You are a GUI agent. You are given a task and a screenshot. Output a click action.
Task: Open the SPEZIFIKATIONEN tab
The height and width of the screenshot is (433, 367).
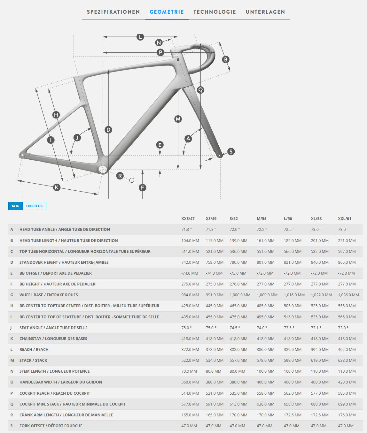pos(113,12)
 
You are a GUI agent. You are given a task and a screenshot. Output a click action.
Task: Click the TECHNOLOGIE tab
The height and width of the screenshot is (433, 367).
pos(215,12)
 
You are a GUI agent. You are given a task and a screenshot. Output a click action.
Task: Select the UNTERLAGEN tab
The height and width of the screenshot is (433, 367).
pos(265,12)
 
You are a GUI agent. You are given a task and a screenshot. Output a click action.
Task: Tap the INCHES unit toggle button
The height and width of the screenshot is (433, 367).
pos(35,206)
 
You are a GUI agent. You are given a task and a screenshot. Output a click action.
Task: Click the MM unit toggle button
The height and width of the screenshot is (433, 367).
pos(15,206)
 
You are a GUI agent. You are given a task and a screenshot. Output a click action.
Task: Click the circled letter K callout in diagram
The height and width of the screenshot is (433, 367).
pos(57,187)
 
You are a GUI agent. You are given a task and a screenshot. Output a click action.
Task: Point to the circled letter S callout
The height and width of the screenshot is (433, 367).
pos(231,151)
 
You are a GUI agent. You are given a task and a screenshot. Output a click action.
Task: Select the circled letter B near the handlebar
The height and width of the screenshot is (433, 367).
pos(226,59)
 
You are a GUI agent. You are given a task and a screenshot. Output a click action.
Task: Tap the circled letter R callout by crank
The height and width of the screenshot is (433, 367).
pos(120,176)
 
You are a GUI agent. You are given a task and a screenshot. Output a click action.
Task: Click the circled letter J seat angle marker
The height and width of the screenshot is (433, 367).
pos(77,138)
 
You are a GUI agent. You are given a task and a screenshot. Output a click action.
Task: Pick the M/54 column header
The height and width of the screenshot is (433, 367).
pos(262,219)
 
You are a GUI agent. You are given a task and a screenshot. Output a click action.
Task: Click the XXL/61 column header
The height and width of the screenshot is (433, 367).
pos(345,219)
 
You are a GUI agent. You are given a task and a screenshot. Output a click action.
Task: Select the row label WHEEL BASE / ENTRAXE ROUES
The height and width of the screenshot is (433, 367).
pos(49,295)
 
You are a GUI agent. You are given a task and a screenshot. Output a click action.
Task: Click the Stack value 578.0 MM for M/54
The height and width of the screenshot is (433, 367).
pos(265,361)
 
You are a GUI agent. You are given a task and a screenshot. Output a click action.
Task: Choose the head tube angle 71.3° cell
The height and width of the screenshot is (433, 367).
pos(186,230)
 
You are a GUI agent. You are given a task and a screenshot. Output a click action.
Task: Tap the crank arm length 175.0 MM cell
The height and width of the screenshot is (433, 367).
pos(347,415)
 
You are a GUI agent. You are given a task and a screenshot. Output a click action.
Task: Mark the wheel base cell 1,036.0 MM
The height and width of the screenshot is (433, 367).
pos(348,295)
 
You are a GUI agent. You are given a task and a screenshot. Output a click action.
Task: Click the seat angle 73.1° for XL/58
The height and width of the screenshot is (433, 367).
pos(316,328)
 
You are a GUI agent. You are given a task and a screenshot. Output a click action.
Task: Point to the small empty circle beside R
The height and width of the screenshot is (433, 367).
pos(132,180)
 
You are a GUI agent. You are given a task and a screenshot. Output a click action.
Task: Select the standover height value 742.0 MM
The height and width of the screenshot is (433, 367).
pos(190,262)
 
